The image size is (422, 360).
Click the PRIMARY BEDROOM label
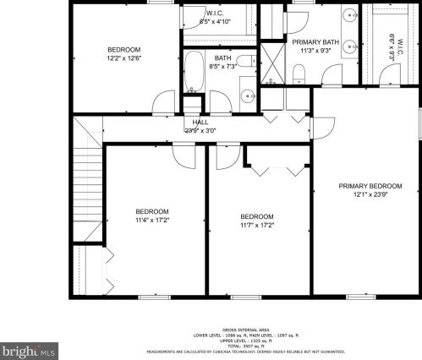click(370, 186)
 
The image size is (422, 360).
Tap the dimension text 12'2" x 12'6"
click(123, 58)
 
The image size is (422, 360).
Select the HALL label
click(195, 122)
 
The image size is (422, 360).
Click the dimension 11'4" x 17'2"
click(152, 221)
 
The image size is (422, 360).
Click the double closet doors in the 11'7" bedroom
click(277, 169)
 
